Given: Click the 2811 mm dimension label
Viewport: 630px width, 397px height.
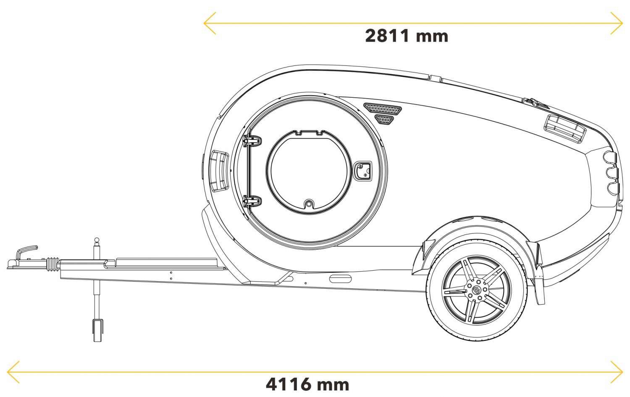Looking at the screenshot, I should tap(406, 36).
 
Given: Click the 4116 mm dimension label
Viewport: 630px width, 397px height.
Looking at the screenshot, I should tap(307, 384).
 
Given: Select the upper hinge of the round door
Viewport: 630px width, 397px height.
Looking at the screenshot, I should tap(252, 141).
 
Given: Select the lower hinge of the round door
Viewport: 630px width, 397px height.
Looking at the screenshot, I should tap(252, 201).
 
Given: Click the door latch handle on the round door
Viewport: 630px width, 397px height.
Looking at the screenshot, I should tap(362, 170).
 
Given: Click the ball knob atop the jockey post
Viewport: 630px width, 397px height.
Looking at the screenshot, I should tap(97, 240).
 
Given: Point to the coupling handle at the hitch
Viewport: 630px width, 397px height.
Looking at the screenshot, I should tap(26, 251).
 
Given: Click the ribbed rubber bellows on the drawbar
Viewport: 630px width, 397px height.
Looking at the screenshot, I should tap(52, 264).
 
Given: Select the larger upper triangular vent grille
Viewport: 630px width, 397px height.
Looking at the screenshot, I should tap(383, 109).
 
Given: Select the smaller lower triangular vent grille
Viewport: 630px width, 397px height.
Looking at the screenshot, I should tap(384, 120).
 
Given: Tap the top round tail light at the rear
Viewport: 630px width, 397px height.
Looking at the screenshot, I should tap(610, 156).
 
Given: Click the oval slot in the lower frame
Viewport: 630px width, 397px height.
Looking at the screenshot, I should tap(339, 279).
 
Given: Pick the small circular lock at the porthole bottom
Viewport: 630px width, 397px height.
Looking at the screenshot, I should tap(309, 204).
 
